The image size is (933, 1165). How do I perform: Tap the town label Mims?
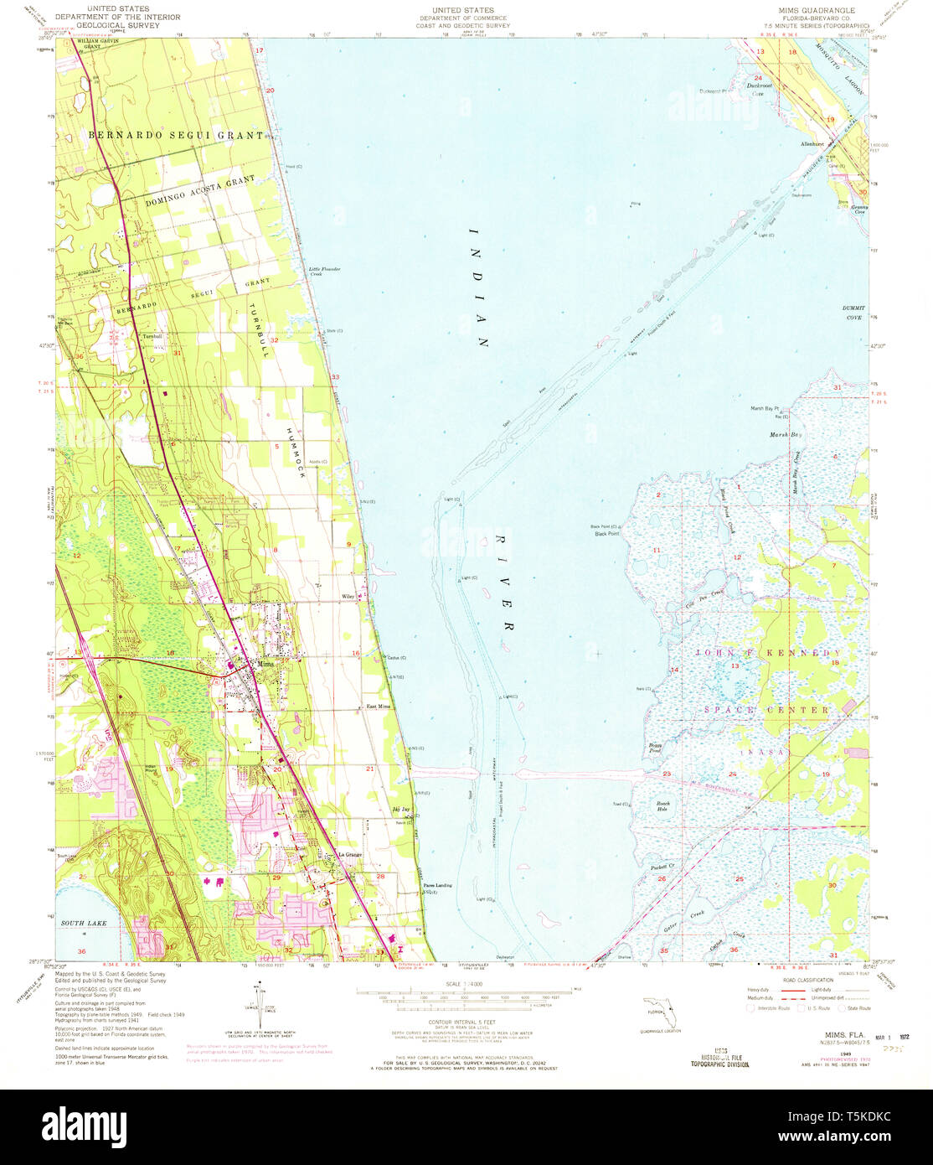coord(266,665)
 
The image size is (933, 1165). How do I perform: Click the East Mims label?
coord(379,707)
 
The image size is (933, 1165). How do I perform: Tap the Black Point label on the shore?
coord(606,533)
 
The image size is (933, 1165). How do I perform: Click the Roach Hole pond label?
coord(662,806)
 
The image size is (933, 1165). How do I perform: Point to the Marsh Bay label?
coord(786,435)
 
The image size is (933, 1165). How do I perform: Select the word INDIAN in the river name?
coord(478,287)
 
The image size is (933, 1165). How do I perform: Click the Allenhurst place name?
coord(812,144)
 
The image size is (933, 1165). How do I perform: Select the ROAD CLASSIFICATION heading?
coord(808,979)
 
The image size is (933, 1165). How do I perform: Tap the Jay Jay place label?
coord(401,810)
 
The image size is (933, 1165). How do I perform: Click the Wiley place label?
coord(348,597)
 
